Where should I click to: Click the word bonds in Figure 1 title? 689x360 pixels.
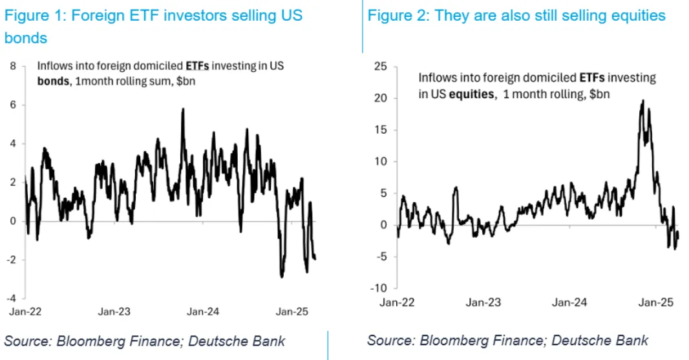[x=25, y=38]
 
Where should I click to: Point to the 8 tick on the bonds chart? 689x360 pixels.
[x=13, y=66]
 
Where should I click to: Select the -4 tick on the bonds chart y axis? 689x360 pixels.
[x=11, y=298]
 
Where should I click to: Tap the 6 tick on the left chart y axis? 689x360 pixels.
[x=13, y=105]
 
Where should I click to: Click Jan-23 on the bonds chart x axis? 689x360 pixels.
[x=114, y=312]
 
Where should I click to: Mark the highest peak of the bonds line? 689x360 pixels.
[x=183, y=109]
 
